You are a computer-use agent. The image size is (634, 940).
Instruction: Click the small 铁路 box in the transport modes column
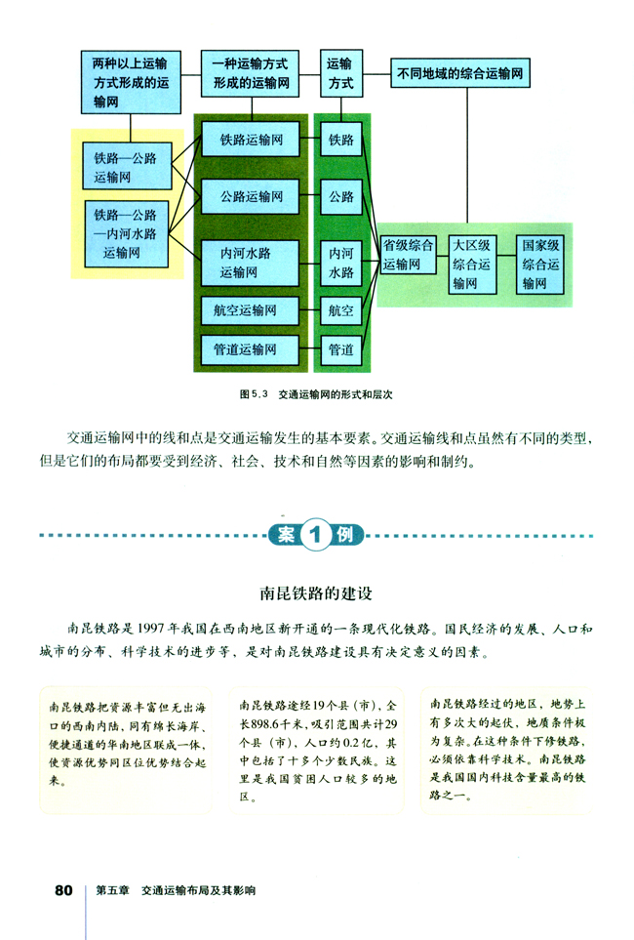340,141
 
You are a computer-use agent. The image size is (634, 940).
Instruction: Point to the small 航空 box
340,311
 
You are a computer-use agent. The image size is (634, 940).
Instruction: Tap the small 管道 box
340,348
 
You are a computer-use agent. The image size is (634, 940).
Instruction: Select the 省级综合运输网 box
408,255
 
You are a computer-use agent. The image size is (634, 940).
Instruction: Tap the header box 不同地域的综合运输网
463,72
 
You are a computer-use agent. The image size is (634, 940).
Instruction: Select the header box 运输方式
340,73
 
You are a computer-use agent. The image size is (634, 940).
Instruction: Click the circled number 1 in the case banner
315,534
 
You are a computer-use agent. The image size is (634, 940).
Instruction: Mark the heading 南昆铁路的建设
316,593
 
